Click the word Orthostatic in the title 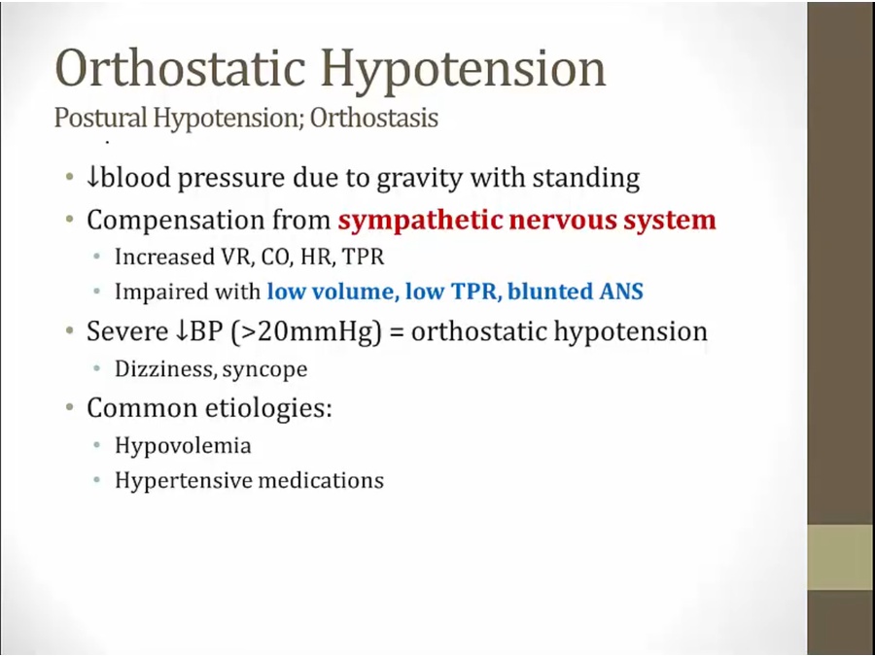click(x=180, y=67)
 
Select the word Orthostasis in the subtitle click(x=374, y=118)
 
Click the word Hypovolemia click(x=183, y=446)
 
